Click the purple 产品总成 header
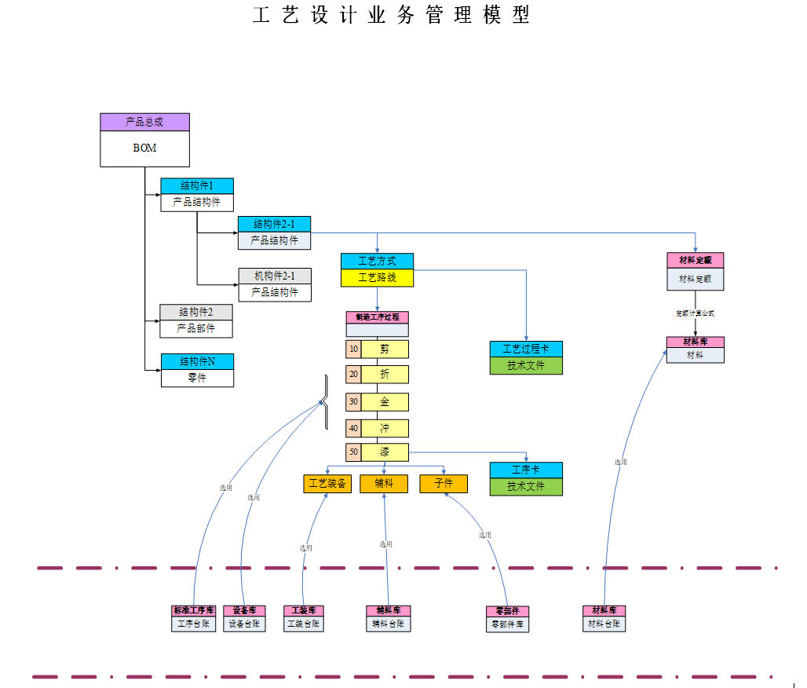(144, 122)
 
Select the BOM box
(144, 148)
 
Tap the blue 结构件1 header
(197, 186)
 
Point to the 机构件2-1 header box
(275, 276)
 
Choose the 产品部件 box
(196, 328)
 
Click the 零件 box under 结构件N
(197, 378)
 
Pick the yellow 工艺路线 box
(377, 277)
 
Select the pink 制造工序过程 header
(378, 317)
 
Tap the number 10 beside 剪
(353, 349)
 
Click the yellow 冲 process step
(385, 428)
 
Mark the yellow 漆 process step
(385, 452)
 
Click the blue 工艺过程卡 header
(526, 349)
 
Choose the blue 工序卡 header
(526, 470)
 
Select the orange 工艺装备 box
(327, 484)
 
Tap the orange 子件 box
(444, 484)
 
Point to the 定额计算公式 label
(695, 313)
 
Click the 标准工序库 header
(194, 610)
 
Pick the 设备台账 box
(244, 624)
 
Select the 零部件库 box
(508, 625)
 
